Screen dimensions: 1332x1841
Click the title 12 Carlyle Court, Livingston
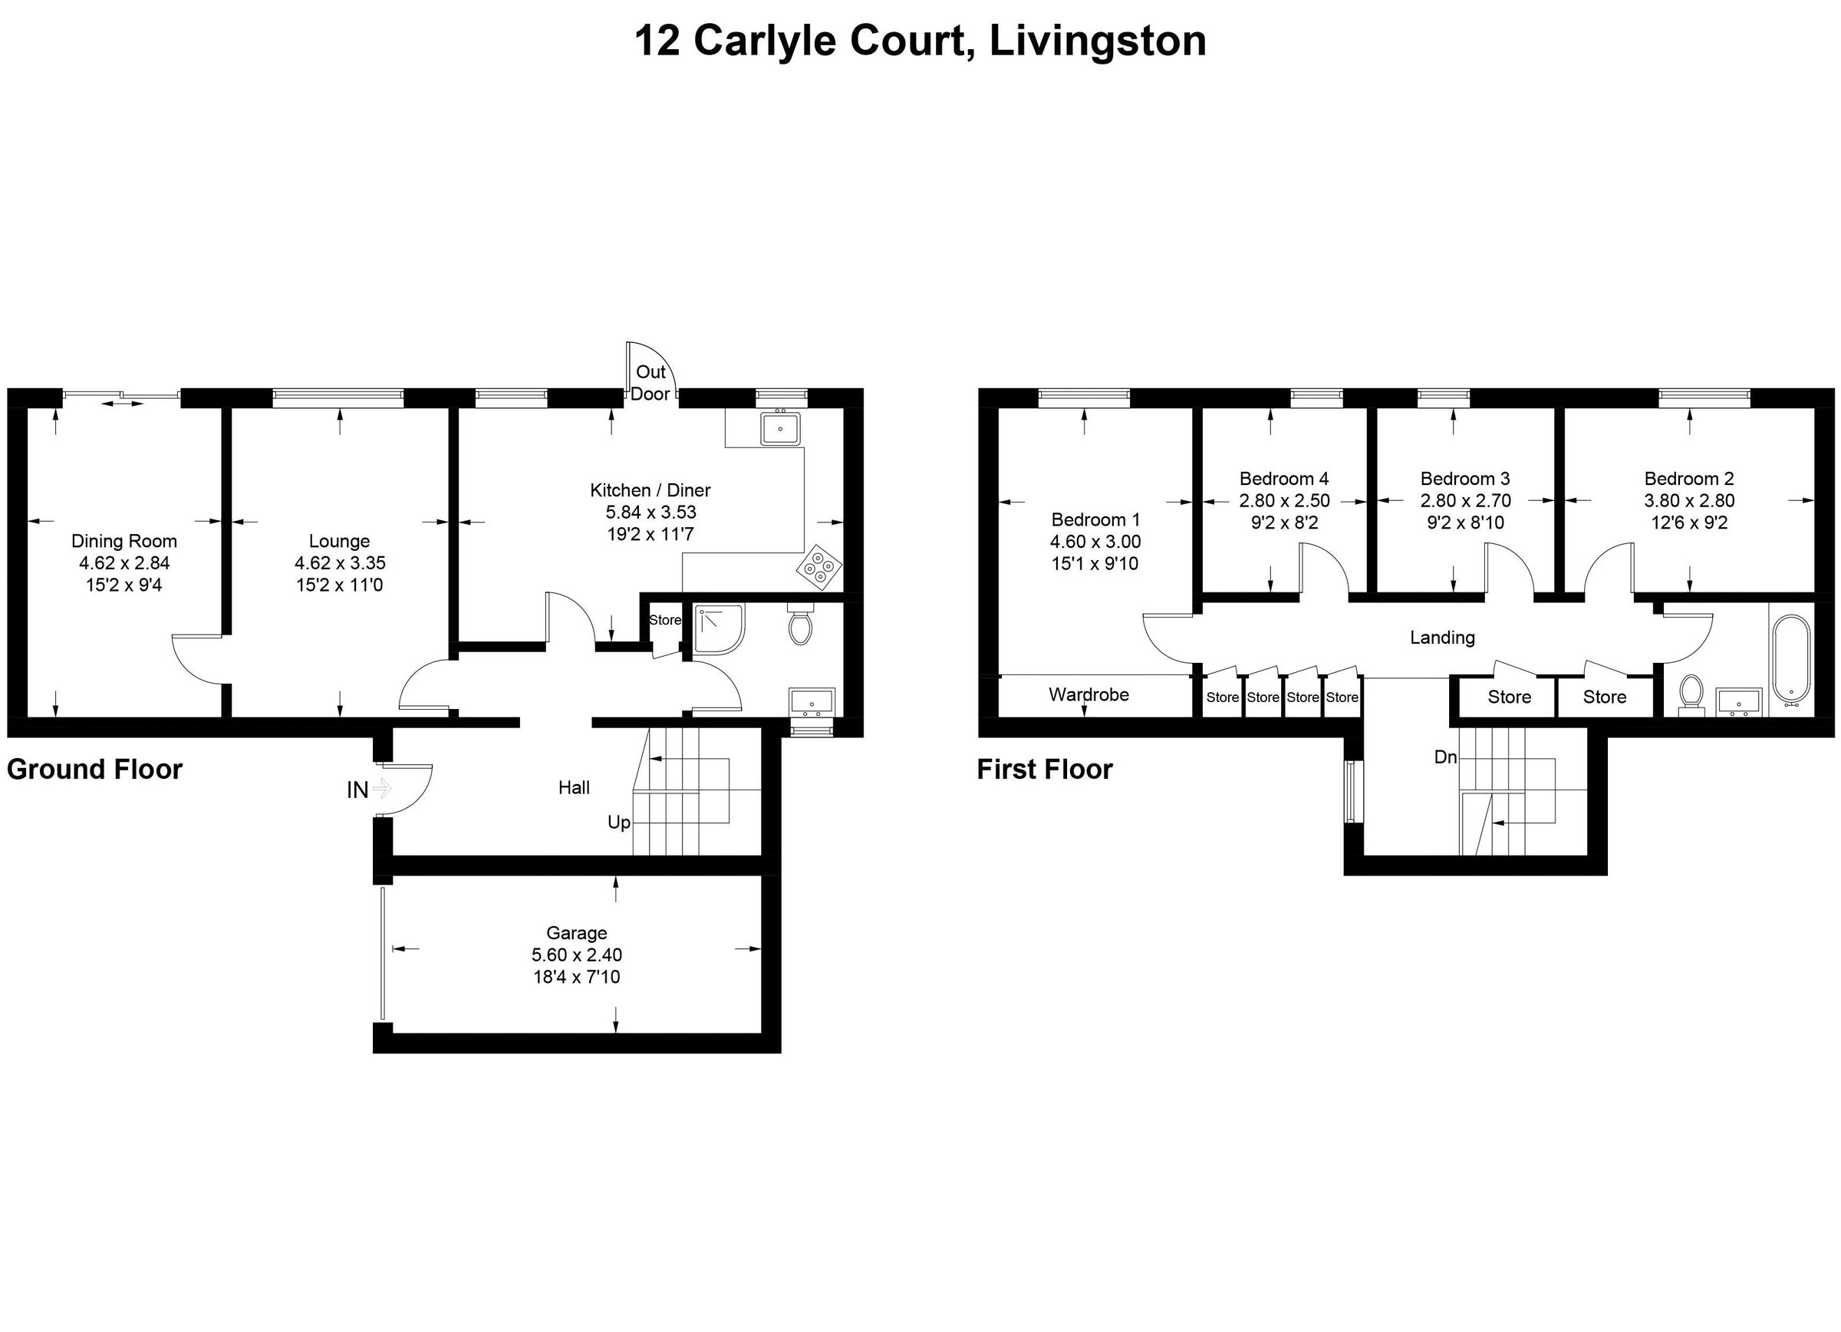[920, 41]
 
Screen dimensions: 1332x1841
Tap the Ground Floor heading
[95, 769]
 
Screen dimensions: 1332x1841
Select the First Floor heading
[1044, 769]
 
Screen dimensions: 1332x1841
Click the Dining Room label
[124, 541]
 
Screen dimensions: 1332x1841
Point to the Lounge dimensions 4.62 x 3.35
[339, 562]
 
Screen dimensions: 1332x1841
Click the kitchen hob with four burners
[818, 565]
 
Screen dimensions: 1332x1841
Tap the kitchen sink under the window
[780, 428]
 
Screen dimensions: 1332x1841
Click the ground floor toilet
[800, 623]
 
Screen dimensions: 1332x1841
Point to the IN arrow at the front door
[381, 788]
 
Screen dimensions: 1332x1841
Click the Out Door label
[650, 382]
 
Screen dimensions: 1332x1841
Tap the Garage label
[576, 933]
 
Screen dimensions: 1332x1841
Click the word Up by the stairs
[618, 823]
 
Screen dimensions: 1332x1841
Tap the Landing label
[1441, 637]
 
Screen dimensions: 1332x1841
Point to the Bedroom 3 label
[1465, 478]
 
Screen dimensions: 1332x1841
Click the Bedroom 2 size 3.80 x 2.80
[1689, 500]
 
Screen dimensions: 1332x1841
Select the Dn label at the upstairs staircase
[1445, 757]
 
